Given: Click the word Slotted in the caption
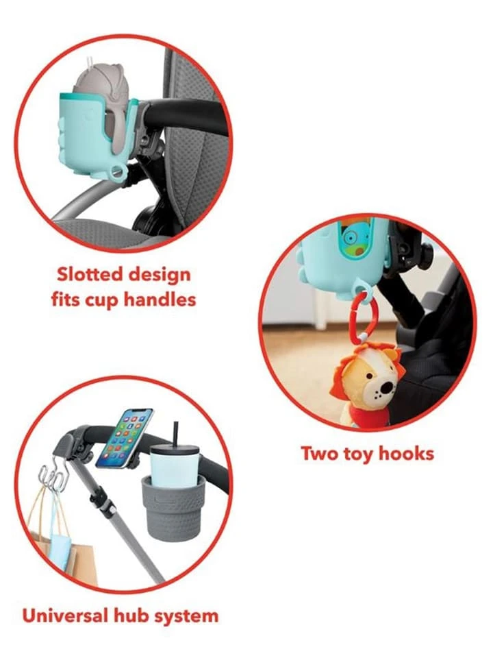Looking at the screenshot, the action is click(x=89, y=274).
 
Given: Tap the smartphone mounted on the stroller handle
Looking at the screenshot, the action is click(x=125, y=438).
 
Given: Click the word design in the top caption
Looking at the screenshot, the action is click(x=160, y=276).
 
